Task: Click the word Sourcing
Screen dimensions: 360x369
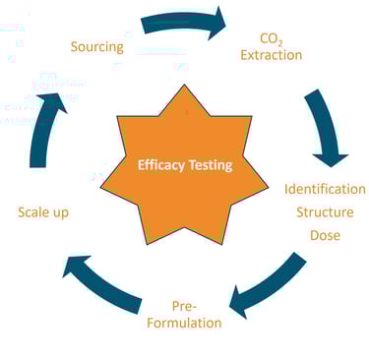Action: coord(97,46)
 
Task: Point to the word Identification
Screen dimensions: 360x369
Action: coord(325,189)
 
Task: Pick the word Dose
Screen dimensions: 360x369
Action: coord(325,236)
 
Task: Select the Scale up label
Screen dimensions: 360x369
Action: coord(44,211)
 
